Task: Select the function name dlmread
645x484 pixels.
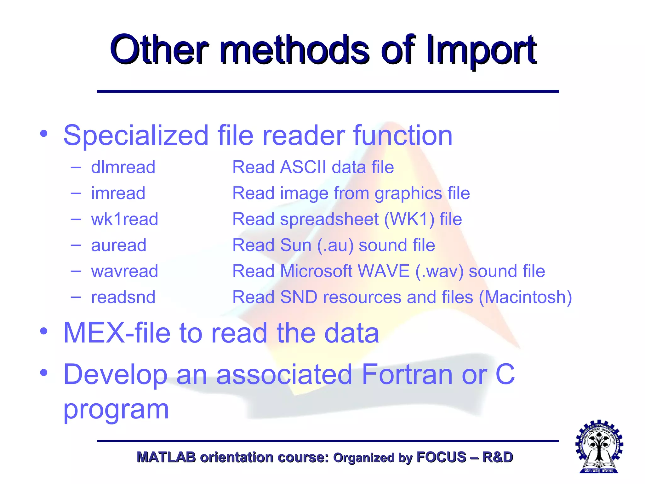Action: point(123,167)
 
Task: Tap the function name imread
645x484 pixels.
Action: point(118,193)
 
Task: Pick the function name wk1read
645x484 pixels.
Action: point(124,219)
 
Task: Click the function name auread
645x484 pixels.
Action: point(119,245)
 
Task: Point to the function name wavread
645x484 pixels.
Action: point(124,271)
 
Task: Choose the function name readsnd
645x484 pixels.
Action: point(123,297)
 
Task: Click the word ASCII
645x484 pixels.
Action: point(303,167)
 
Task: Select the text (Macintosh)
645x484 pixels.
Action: point(525,297)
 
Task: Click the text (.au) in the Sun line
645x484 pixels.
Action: point(335,245)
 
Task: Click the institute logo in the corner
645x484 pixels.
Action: point(599,447)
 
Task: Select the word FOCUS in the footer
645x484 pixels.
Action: point(441,457)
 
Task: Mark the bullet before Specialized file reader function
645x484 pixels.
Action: point(44,134)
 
